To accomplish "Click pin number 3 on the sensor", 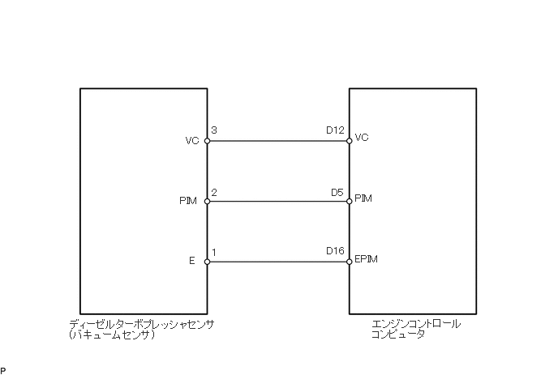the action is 213,130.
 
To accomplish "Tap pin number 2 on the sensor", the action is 213,192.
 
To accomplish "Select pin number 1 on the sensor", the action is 213,253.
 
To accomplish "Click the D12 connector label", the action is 336,130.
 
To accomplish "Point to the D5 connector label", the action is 338,192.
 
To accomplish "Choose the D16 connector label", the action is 336,253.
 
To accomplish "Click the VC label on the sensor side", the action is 192,141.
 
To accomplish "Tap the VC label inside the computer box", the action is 362,138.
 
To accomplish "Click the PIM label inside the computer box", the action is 363,198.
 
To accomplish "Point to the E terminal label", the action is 192,262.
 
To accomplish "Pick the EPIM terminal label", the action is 367,259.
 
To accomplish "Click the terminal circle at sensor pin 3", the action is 207,141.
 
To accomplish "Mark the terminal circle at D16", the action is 350,262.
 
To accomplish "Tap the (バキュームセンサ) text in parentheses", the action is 113,335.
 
